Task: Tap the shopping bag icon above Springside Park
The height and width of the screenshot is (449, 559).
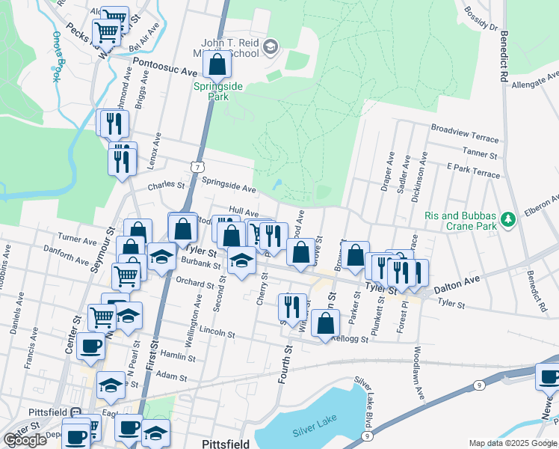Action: (217, 66)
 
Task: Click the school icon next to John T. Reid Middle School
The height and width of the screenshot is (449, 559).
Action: (270, 49)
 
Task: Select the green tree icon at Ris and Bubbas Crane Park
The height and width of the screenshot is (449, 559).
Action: (508, 219)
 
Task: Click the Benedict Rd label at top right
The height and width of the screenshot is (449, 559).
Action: (501, 56)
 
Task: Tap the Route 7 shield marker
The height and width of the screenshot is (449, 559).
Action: (195, 167)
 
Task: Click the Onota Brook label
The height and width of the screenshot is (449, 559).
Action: (55, 56)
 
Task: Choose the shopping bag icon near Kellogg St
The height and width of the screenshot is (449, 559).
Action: (325, 323)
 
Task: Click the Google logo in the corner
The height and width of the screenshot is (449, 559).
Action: (24, 440)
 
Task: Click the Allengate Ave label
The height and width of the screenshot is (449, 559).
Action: (535, 80)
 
